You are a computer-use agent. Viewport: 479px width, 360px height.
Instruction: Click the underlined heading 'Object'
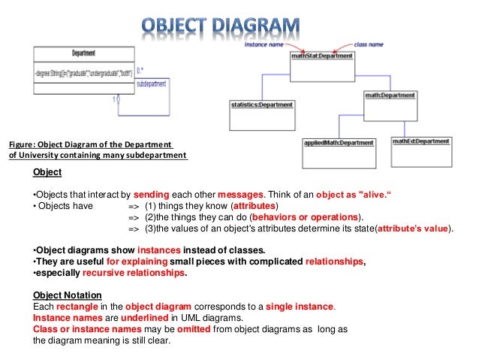point(47,172)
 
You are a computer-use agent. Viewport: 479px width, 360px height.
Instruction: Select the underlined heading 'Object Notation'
point(68,295)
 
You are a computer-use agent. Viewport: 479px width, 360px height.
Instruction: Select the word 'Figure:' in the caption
point(23,145)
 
